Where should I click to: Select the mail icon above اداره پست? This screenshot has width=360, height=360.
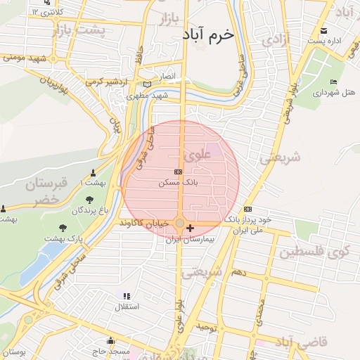pos(324,30)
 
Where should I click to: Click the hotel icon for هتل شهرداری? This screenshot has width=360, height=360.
pos(333,82)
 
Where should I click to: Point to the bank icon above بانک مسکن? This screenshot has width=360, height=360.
pos(178,172)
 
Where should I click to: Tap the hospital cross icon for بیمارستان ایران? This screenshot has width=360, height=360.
pos(190,229)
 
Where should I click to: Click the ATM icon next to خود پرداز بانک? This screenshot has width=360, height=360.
pos(247,209)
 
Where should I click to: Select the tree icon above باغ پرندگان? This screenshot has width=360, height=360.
pos(89,200)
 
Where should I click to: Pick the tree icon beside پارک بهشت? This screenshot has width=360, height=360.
pos(63,228)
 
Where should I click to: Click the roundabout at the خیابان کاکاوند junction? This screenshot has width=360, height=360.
pos(180,224)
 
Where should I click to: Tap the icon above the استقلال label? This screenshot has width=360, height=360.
pos(127,297)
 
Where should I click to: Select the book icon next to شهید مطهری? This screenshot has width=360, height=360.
pos(147,84)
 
